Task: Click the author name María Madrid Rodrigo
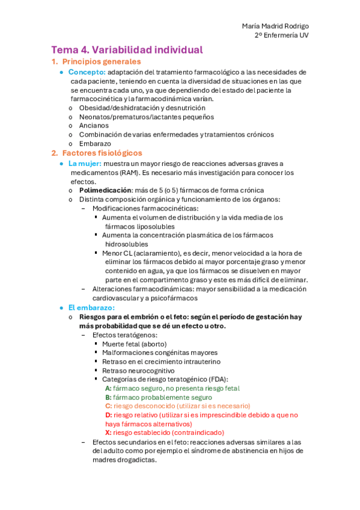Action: click(276, 26)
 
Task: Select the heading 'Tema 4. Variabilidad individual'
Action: click(127, 50)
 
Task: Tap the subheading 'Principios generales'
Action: click(102, 62)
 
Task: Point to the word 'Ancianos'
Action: click(94, 126)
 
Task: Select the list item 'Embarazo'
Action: click(94, 144)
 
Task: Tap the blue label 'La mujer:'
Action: click(85, 164)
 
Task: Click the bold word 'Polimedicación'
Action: click(105, 190)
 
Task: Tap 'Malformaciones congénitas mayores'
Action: click(159, 352)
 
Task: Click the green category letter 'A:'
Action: click(108, 389)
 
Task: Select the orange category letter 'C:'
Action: click(108, 406)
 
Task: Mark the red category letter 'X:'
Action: click(108, 432)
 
